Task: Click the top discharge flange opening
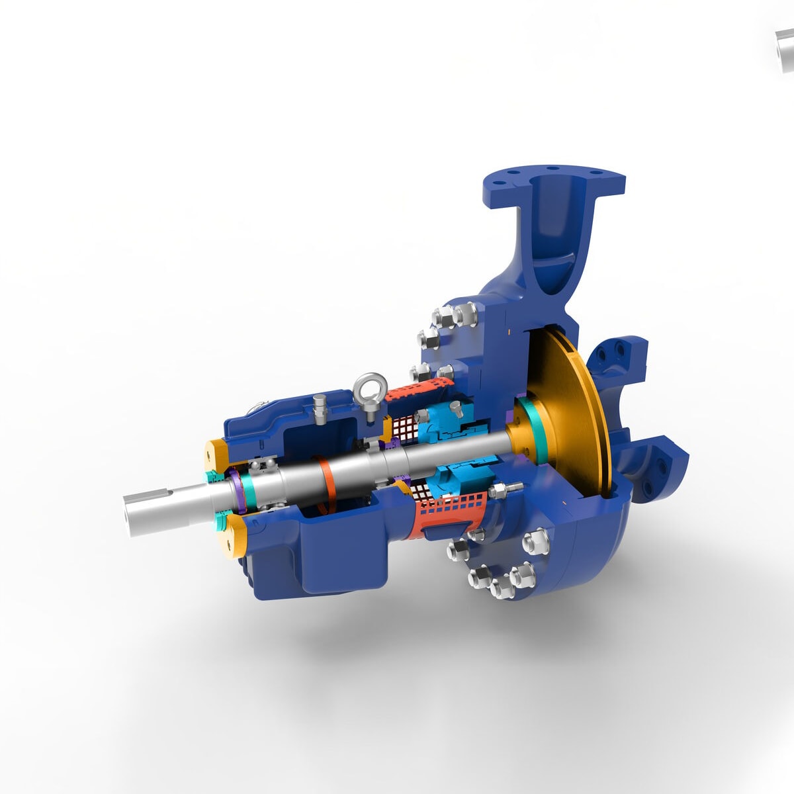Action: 554,182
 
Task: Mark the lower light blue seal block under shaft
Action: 457,480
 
